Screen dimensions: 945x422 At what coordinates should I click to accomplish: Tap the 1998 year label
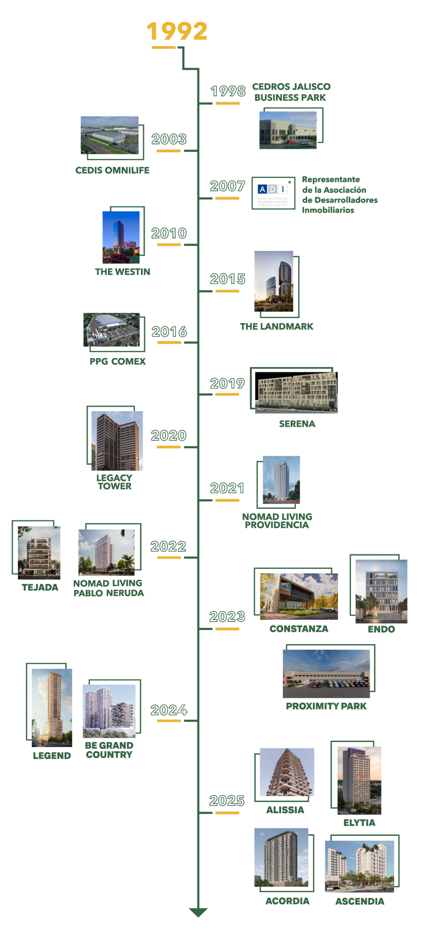[x=228, y=91]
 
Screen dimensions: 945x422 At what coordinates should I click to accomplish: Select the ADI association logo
[x=273, y=193]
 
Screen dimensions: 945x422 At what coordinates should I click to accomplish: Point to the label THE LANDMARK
[x=277, y=327]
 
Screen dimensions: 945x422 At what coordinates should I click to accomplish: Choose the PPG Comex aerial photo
[x=112, y=330]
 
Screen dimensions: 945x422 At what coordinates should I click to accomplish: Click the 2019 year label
[x=227, y=384]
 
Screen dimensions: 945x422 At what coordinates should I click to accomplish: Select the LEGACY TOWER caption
[x=114, y=482]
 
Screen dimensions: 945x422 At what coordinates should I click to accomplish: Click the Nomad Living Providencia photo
[x=281, y=480]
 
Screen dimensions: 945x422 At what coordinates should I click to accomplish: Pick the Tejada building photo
[x=39, y=550]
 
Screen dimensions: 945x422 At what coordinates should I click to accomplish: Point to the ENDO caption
[x=381, y=629]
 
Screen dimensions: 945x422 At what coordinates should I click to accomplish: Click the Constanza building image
[x=298, y=596]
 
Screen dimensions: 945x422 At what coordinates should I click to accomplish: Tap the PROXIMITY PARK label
[x=326, y=707]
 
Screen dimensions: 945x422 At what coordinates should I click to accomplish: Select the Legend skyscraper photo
[x=52, y=707]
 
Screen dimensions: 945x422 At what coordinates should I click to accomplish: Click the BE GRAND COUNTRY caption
[x=109, y=750]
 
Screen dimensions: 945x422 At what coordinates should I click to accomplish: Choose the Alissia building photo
[x=287, y=772]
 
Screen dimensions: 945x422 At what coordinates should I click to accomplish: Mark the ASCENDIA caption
[x=360, y=901]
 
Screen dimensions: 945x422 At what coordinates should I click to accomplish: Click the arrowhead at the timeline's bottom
[x=198, y=912]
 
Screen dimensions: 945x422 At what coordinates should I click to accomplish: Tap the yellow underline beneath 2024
[x=169, y=721]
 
